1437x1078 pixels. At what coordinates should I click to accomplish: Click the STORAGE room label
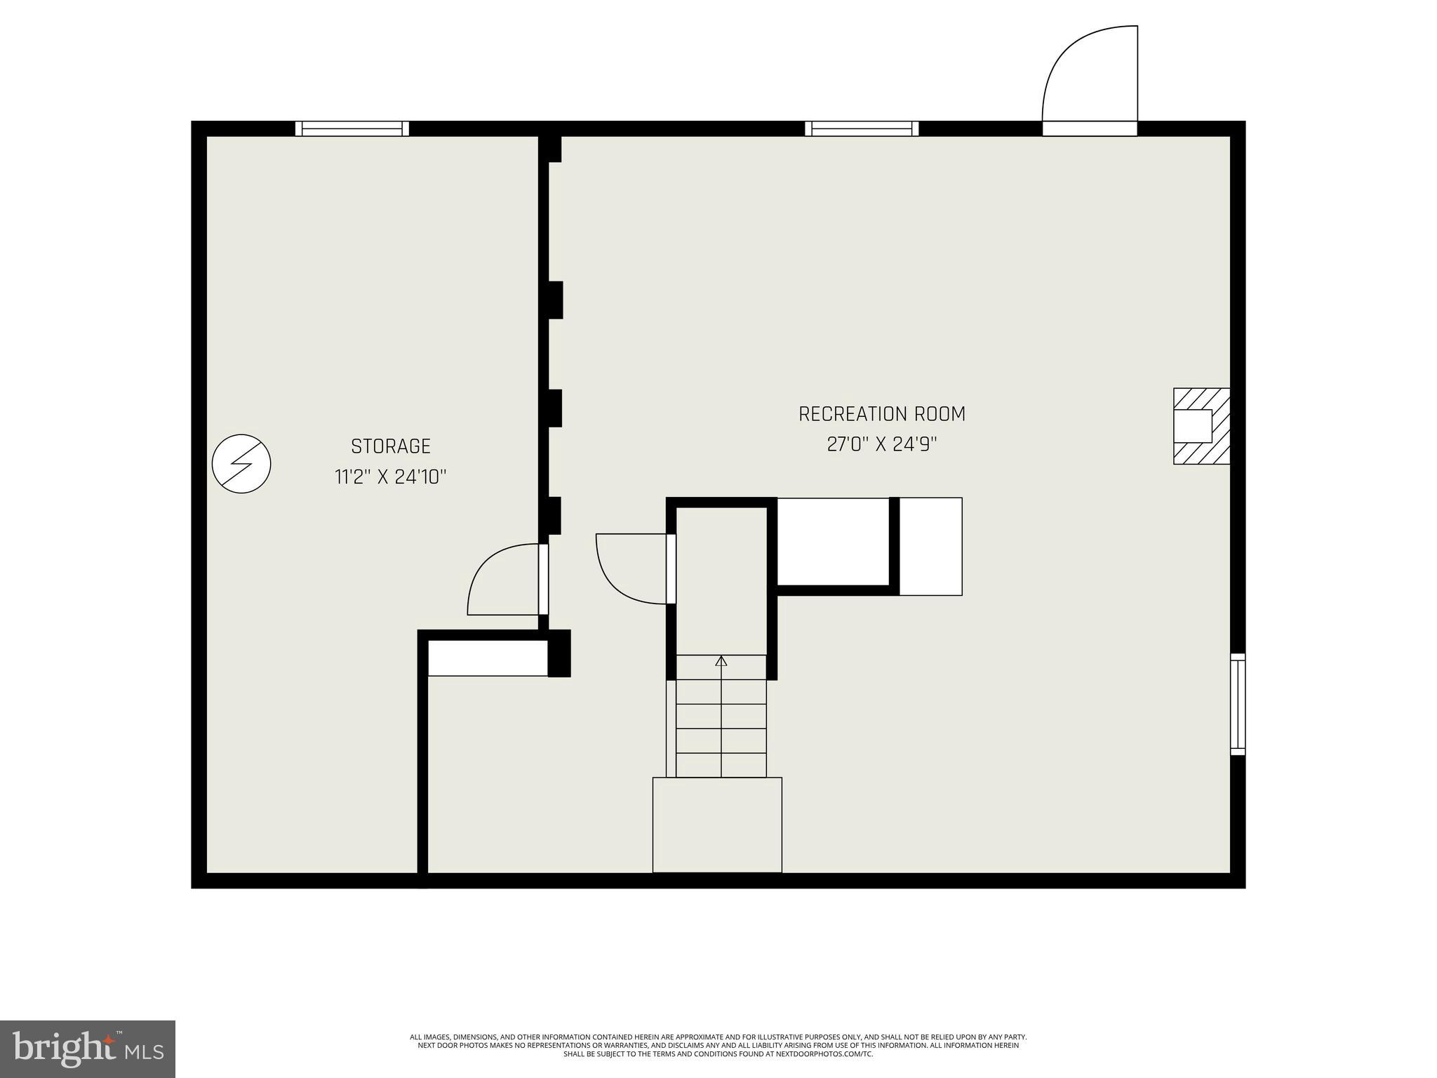tap(390, 446)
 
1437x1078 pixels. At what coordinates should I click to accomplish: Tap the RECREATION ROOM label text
tap(882, 414)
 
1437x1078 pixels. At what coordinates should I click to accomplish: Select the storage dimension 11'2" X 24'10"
tap(390, 477)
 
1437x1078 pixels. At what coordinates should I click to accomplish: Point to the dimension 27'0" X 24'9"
tap(882, 445)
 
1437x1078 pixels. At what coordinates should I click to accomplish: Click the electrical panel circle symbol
tap(241, 463)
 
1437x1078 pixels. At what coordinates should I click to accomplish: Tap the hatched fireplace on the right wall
tap(1201, 426)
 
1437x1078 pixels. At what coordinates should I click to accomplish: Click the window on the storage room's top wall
tap(352, 128)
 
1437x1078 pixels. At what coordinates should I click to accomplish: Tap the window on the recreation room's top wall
tap(862, 128)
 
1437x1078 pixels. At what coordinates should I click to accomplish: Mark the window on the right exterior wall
tap(1238, 704)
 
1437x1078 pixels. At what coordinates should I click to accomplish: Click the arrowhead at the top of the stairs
tap(721, 660)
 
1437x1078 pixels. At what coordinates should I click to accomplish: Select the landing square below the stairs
tap(717, 825)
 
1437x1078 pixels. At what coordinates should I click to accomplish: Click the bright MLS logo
tap(88, 1049)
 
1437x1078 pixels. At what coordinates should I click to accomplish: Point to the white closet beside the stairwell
tap(834, 541)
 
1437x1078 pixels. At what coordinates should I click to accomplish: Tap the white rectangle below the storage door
tap(488, 658)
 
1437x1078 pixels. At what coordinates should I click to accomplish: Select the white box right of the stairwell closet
tap(930, 547)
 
